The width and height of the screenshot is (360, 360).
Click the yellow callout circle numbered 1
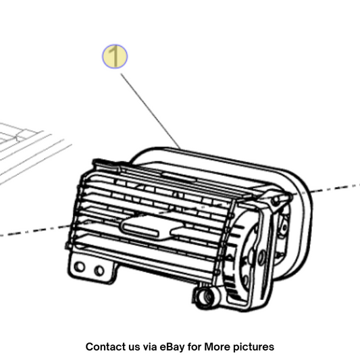[x=115, y=57]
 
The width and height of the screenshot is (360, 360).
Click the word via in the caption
[x=150, y=346]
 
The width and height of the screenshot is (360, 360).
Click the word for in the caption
[x=195, y=346]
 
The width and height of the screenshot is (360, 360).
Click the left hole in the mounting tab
[x=80, y=267]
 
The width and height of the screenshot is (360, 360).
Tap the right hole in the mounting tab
[x=99, y=271]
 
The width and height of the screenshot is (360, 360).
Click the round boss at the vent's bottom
[x=205, y=298]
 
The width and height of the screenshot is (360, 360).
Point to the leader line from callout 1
[x=151, y=111]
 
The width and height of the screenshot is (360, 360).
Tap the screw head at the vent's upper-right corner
[x=275, y=201]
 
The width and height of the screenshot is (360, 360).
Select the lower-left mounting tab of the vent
[x=92, y=269]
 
